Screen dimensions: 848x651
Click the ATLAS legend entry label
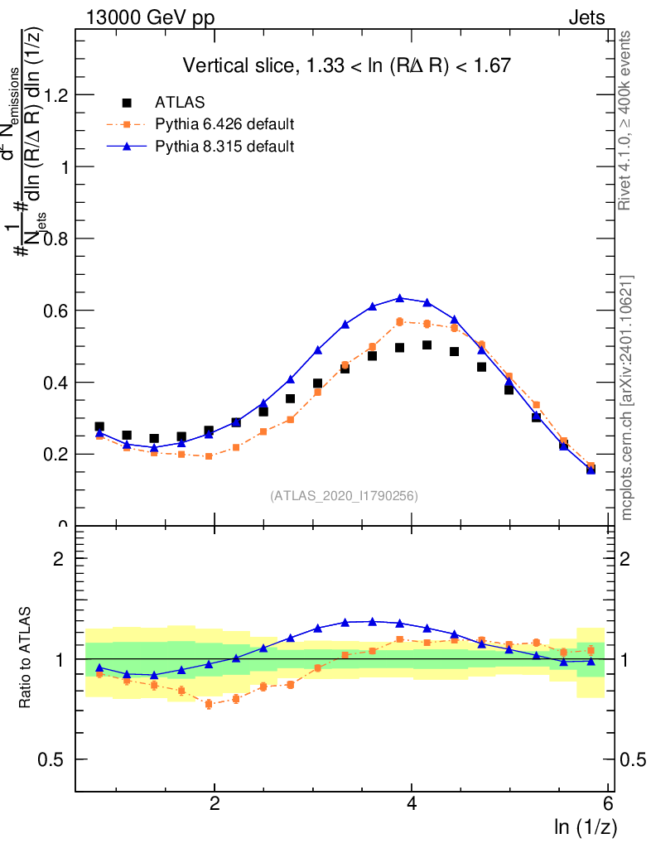click(x=180, y=103)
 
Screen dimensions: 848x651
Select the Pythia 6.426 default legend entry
click(x=224, y=125)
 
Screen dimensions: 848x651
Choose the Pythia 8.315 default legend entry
click(x=224, y=147)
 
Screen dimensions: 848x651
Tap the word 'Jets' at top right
click(x=586, y=17)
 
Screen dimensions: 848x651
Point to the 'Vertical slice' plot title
click(x=346, y=65)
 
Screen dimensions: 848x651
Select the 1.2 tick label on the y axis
click(x=57, y=95)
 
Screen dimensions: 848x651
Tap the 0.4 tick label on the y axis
click(x=57, y=383)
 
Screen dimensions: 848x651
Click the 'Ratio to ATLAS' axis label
click(x=26, y=658)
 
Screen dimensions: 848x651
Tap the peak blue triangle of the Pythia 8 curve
click(x=400, y=298)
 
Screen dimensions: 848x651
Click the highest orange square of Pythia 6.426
click(x=400, y=321)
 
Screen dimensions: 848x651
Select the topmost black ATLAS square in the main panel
click(x=427, y=344)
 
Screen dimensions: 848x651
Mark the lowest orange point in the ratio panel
click(x=209, y=704)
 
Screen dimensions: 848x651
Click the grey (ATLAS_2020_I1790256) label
click(x=343, y=496)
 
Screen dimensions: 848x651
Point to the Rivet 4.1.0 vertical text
click(x=625, y=120)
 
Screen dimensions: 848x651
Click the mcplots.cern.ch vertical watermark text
click(x=627, y=397)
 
